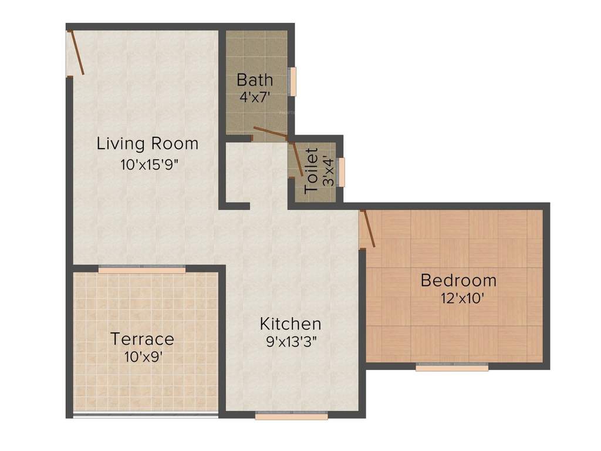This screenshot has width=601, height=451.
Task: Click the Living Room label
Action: coord(147,143)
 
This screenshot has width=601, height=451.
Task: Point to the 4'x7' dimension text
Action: coord(254,96)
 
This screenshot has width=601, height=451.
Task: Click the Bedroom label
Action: coord(458,280)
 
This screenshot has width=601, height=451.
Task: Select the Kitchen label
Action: coord(291,324)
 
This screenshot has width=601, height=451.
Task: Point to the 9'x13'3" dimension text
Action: coord(292,342)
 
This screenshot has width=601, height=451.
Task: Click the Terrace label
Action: coord(143,339)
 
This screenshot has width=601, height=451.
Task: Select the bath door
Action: coord(270,132)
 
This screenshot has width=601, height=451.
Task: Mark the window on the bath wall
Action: coord(293,81)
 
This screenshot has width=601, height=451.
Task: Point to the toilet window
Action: coord(342,171)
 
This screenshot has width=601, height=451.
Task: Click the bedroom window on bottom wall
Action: coord(452,367)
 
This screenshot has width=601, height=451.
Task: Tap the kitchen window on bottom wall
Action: coord(292,416)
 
